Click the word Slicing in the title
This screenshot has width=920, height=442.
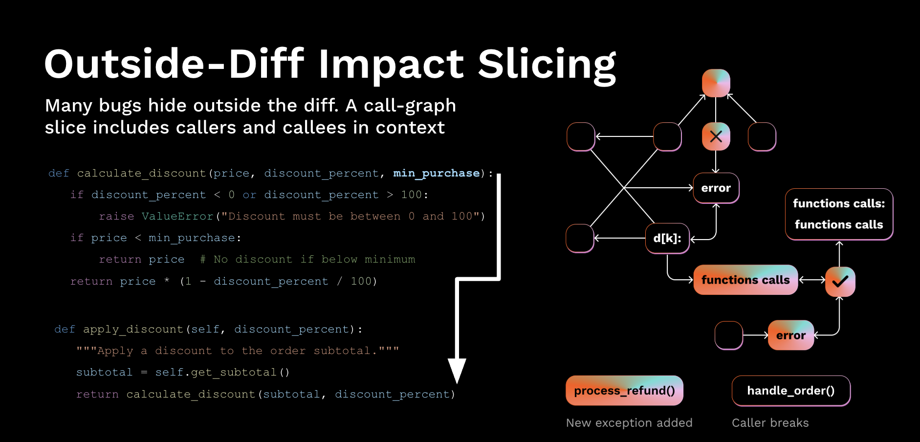(x=547, y=65)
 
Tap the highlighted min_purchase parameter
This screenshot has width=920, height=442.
(x=437, y=173)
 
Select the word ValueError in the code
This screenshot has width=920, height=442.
(x=177, y=216)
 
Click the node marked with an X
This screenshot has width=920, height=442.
(x=716, y=136)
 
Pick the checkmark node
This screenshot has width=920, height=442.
(x=840, y=281)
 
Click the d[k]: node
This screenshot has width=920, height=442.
(x=667, y=239)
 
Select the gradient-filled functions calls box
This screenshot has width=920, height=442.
(x=745, y=280)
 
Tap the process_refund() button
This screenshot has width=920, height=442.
(x=624, y=391)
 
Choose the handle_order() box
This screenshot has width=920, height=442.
(x=791, y=391)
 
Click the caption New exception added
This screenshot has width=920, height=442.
(x=629, y=423)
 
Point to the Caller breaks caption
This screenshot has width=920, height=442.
(x=770, y=423)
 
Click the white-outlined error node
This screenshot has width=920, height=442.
(x=716, y=188)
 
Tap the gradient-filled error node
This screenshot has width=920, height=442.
(x=791, y=335)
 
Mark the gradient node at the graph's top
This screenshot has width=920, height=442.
(x=716, y=83)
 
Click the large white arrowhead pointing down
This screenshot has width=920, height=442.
(x=457, y=370)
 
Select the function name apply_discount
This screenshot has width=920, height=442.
(x=133, y=329)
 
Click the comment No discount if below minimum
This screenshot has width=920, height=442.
(x=307, y=259)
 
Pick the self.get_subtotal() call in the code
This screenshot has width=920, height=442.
(x=222, y=372)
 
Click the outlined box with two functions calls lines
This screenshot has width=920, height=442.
(x=839, y=214)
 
